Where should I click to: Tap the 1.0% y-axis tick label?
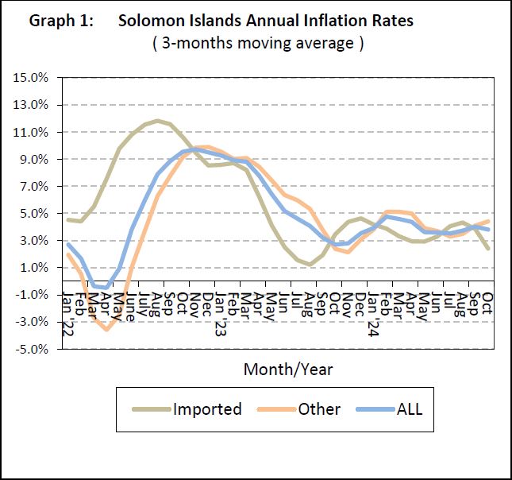pyautogui.click(x=35, y=268)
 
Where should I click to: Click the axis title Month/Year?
pyautogui.click(x=287, y=369)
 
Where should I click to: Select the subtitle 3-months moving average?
pyautogui.click(x=258, y=44)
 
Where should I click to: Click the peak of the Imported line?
pyautogui.click(x=158, y=121)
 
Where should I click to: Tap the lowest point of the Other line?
pyautogui.click(x=107, y=329)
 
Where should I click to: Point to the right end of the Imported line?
pyautogui.click(x=487, y=248)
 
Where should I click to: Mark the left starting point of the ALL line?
pyautogui.click(x=67, y=244)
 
